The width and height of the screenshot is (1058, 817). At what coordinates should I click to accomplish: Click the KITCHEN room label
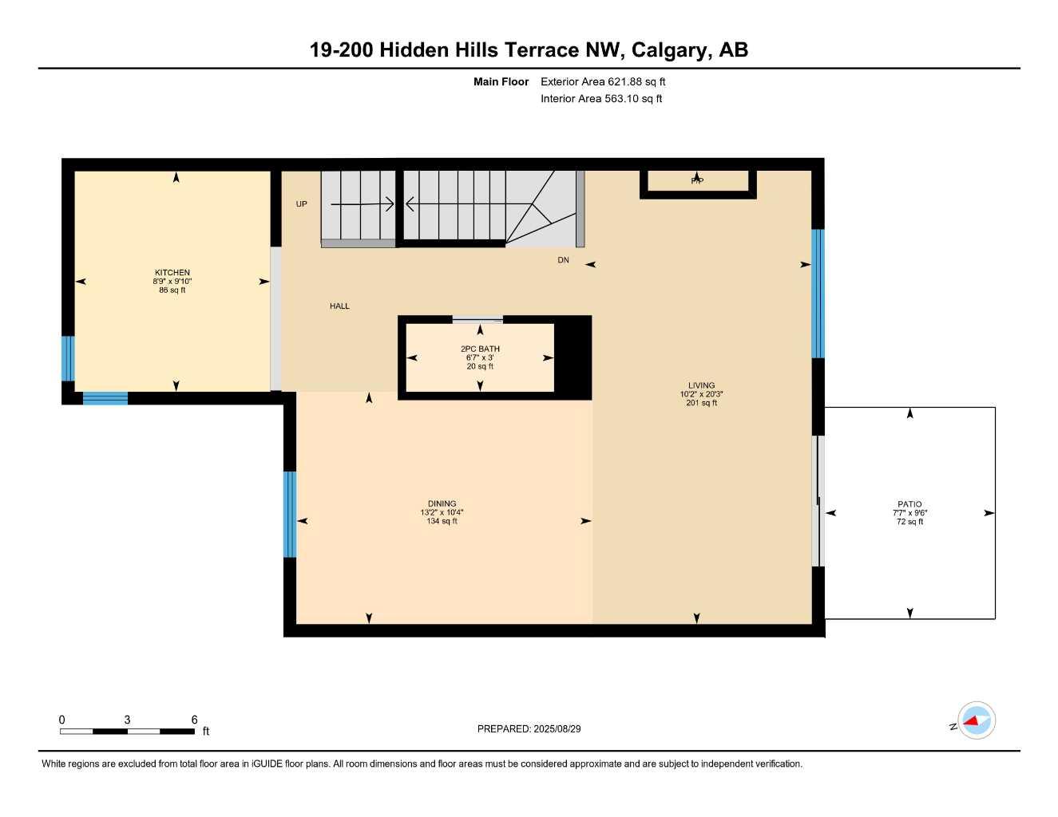pyautogui.click(x=172, y=273)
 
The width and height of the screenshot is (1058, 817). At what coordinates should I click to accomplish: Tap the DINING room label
pyautogui.click(x=442, y=503)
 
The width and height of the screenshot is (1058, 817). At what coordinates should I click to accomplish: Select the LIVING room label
pyautogui.click(x=702, y=385)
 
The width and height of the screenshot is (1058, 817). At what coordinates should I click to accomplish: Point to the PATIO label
pyautogui.click(x=909, y=504)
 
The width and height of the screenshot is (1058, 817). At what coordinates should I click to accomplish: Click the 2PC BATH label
pyautogui.click(x=480, y=349)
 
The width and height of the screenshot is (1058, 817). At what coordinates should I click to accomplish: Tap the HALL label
pyautogui.click(x=339, y=306)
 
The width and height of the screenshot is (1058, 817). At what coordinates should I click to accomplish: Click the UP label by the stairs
pyautogui.click(x=301, y=204)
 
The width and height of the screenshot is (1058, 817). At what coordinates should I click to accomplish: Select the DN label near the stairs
pyautogui.click(x=563, y=261)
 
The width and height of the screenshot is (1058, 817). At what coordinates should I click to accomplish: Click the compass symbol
pyautogui.click(x=976, y=721)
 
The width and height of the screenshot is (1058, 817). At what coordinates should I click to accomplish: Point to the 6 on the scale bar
pyautogui.click(x=194, y=720)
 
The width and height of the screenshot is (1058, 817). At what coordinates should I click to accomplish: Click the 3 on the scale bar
pyautogui.click(x=127, y=720)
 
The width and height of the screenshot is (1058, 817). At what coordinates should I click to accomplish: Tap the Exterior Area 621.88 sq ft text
pyautogui.click(x=603, y=81)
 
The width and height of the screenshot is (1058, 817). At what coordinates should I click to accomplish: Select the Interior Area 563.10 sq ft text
pyautogui.click(x=601, y=99)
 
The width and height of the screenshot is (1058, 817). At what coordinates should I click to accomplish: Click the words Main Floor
pyautogui.click(x=501, y=81)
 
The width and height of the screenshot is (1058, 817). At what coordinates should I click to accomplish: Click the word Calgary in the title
pyautogui.click(x=668, y=50)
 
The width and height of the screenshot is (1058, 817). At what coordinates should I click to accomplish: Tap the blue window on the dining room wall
pyautogui.click(x=290, y=514)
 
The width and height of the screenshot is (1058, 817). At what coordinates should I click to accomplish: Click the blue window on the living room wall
pyautogui.click(x=818, y=294)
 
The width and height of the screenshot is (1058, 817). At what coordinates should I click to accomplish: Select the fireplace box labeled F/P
pyautogui.click(x=697, y=182)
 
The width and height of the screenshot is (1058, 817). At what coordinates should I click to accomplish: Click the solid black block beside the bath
pyautogui.click(x=573, y=357)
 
